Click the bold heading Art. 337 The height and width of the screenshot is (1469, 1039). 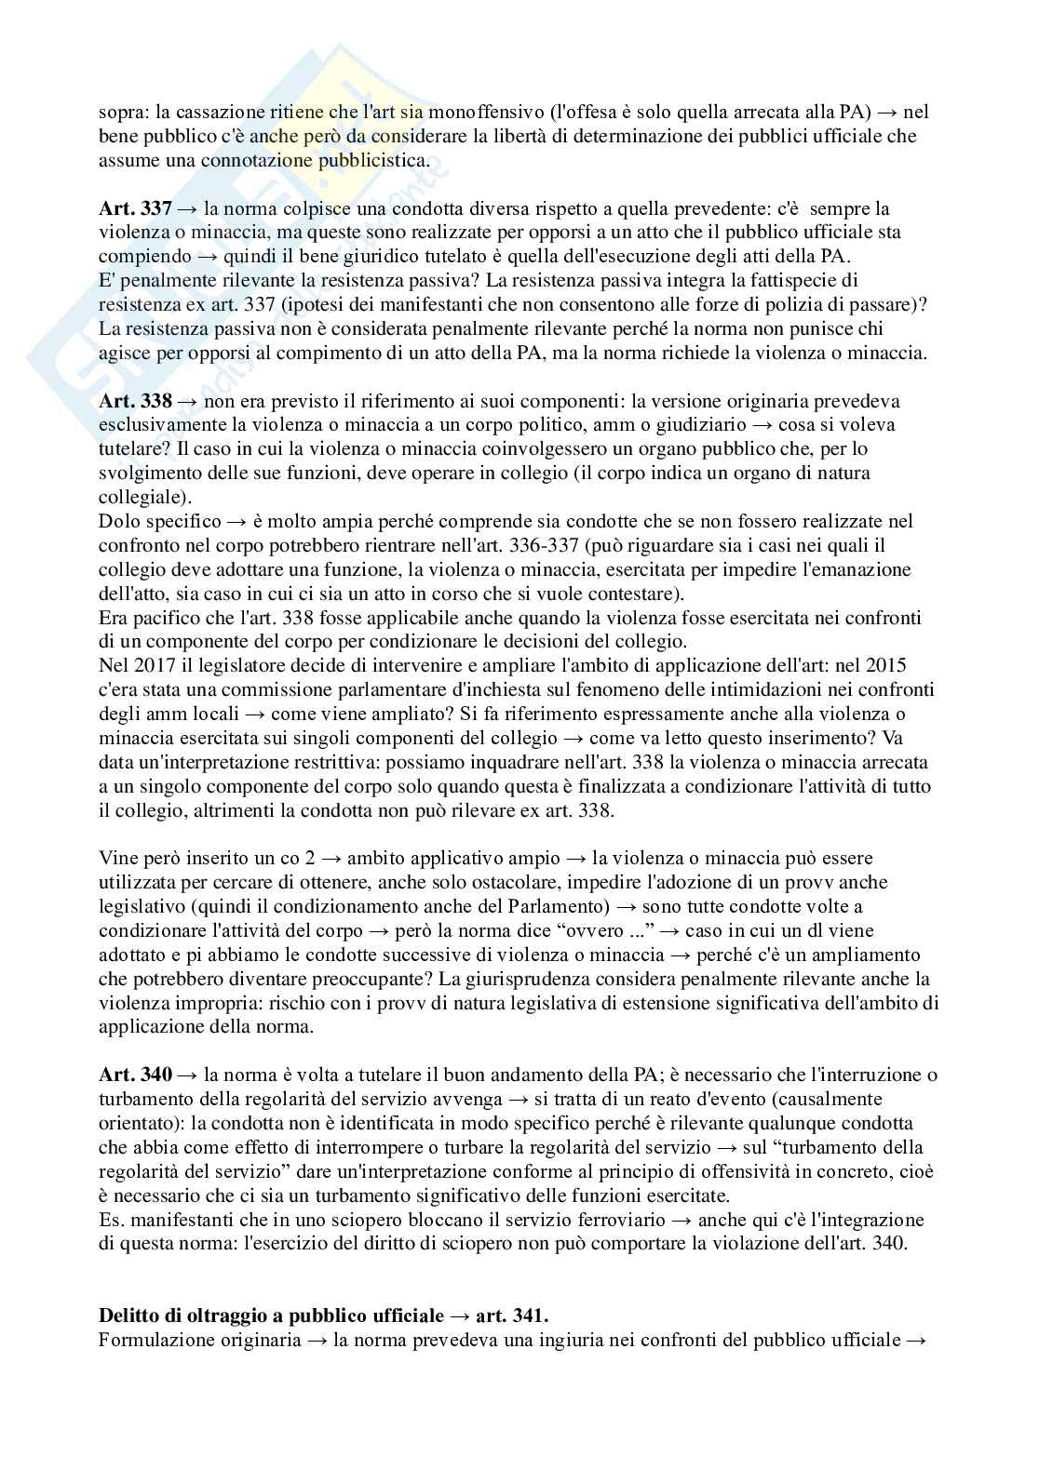tap(135, 208)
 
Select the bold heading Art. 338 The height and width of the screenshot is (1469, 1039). tap(135, 401)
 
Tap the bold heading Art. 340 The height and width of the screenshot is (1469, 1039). tap(135, 1075)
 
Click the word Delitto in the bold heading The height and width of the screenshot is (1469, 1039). tap(125, 1316)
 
